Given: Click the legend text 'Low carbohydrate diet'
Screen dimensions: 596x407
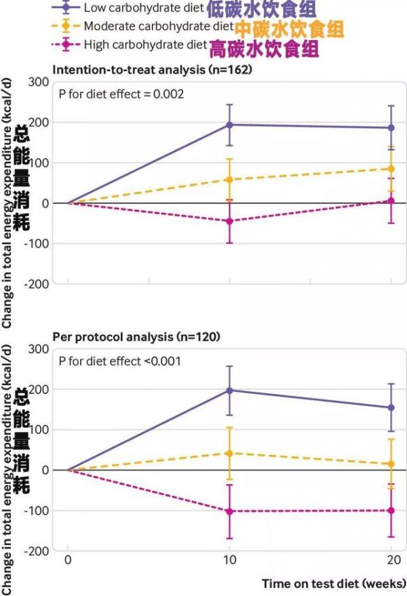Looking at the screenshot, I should [x=143, y=8].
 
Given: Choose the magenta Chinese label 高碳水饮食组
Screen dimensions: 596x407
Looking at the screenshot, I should [x=264, y=48].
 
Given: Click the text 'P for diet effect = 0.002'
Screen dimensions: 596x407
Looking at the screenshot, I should [x=120, y=94].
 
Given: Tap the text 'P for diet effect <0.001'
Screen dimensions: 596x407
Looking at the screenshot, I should [x=119, y=361].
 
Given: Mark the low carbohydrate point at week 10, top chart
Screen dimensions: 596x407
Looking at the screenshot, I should [x=229, y=125].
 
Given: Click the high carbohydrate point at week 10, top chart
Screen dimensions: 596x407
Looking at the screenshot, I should [x=229, y=221].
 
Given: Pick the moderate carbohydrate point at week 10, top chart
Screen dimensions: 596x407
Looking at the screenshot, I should [x=229, y=180].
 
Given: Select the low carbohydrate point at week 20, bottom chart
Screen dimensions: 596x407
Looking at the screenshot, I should [x=391, y=408].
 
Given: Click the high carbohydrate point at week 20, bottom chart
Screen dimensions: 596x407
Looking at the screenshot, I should [x=391, y=510].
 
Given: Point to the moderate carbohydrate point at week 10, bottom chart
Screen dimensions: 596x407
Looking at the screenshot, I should [x=229, y=453].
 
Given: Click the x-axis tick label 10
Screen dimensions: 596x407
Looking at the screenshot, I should [x=229, y=562].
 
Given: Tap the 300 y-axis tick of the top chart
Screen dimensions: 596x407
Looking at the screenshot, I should [x=38, y=82].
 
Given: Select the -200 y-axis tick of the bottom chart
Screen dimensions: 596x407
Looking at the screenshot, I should [x=35, y=551].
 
